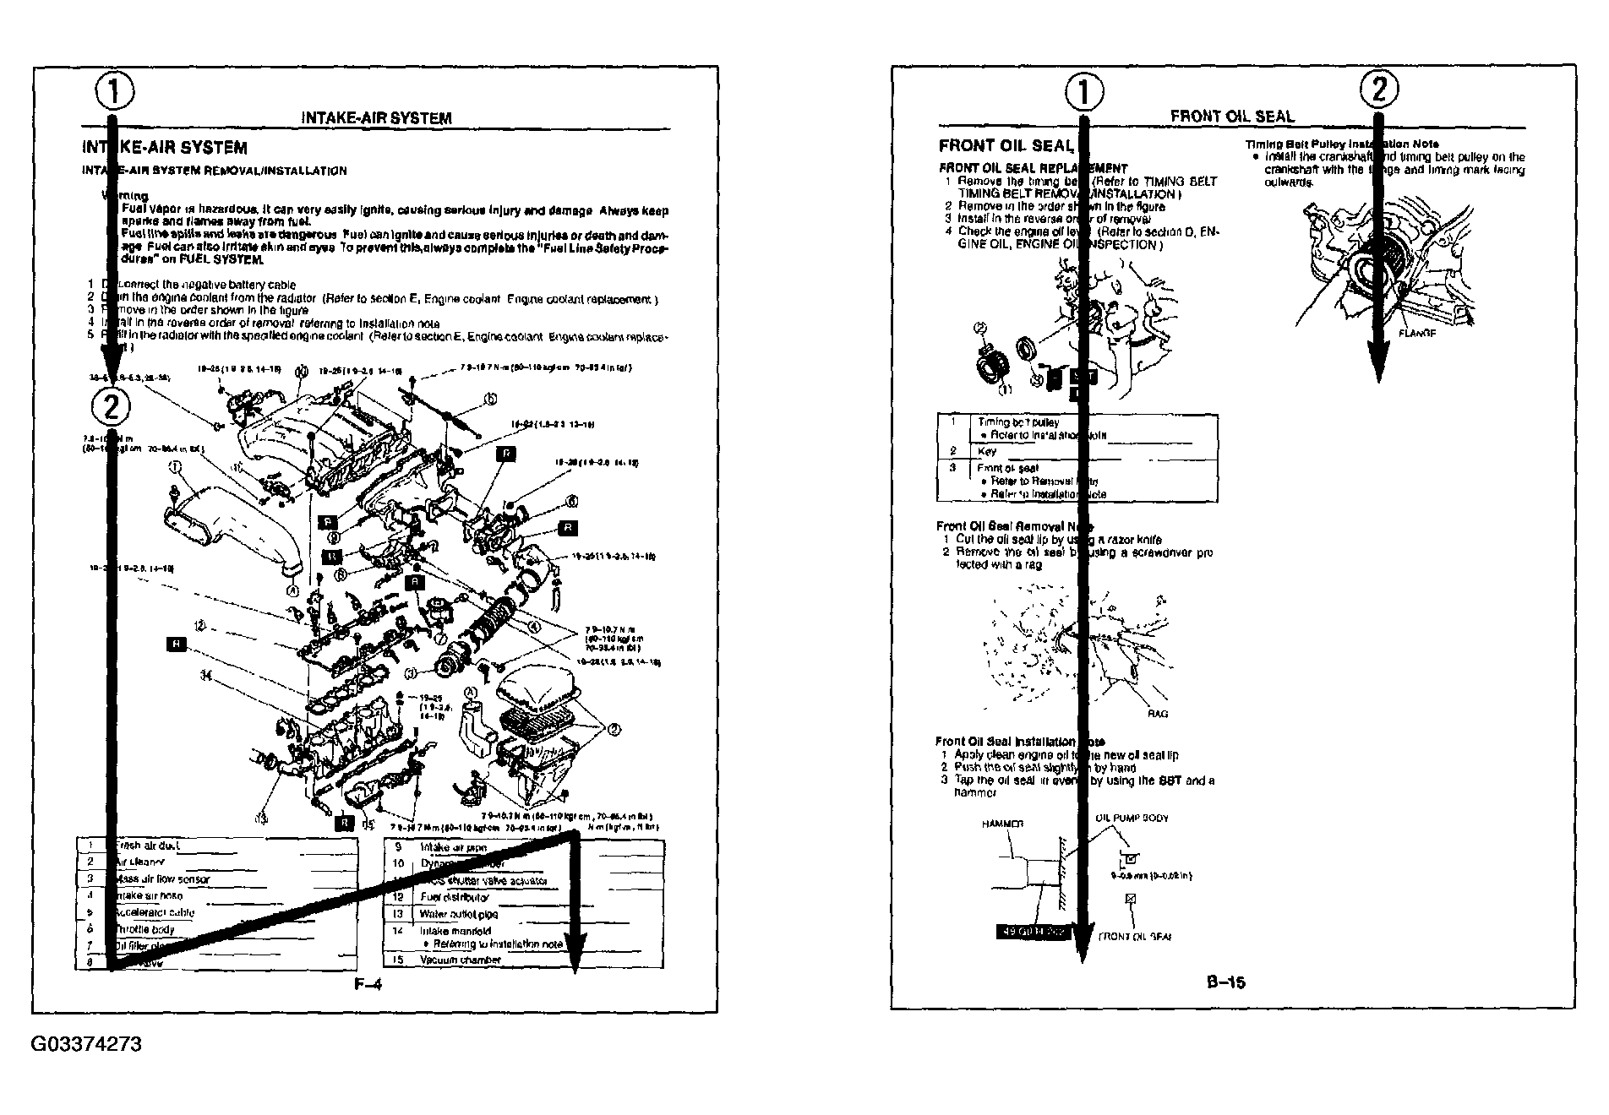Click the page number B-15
coord(1226,982)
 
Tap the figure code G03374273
coord(86,1044)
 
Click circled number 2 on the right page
coord(1378,89)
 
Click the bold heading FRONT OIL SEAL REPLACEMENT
coord(1033,168)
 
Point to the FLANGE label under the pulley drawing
coord(1417,334)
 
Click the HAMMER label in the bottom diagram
coord(1003,824)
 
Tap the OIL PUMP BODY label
coord(1132,819)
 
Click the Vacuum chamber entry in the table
coord(460,960)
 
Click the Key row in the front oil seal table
coord(987,452)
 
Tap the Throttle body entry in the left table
coord(145,929)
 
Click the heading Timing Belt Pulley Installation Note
coord(1341,144)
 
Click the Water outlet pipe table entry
coord(458,914)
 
